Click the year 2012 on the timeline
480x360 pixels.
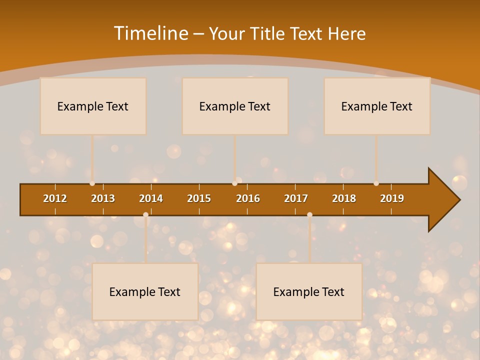tap(55, 198)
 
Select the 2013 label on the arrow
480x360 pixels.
tap(103, 198)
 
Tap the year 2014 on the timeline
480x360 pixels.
tap(151, 198)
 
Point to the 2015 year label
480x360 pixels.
tap(199, 198)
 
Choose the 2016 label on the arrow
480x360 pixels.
tap(248, 198)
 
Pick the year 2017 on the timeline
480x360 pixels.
tap(296, 198)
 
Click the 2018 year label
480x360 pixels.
tap(344, 198)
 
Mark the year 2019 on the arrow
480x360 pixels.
tap(392, 198)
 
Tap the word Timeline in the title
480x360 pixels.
tap(150, 33)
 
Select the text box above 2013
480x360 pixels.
tap(93, 106)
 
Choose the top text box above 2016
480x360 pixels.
tap(235, 106)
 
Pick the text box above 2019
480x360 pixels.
tap(377, 106)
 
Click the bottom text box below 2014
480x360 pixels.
tap(145, 291)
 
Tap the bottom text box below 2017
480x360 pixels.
tap(309, 291)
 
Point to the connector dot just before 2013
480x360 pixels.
tap(92, 183)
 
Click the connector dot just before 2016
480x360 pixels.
tap(234, 183)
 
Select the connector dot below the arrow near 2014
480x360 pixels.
tap(145, 214)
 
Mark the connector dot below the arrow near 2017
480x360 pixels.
tap(309, 214)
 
